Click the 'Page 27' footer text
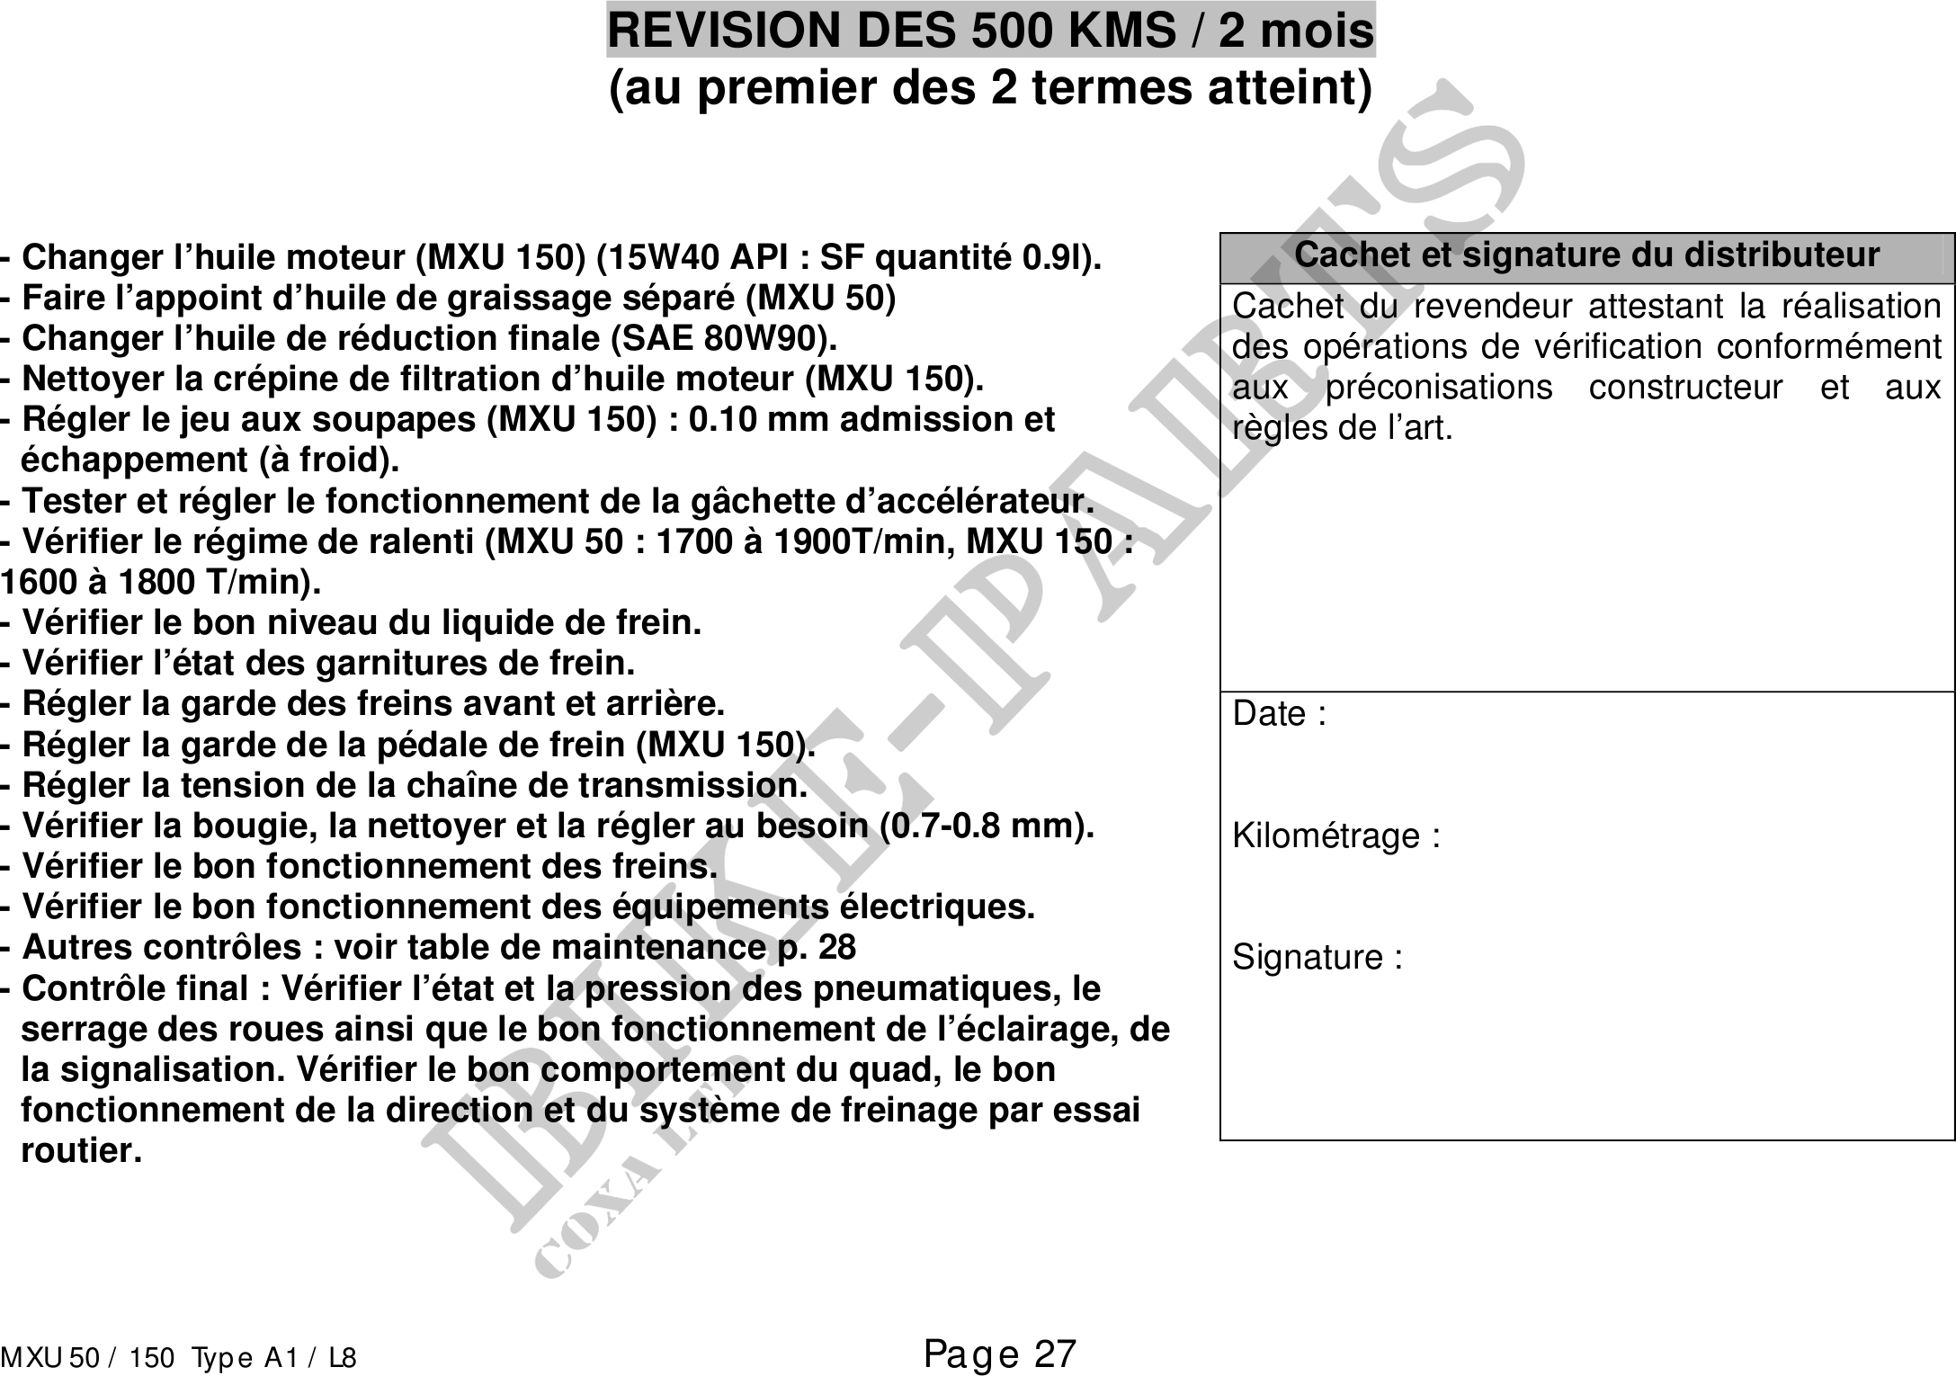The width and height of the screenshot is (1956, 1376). (x=999, y=1354)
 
